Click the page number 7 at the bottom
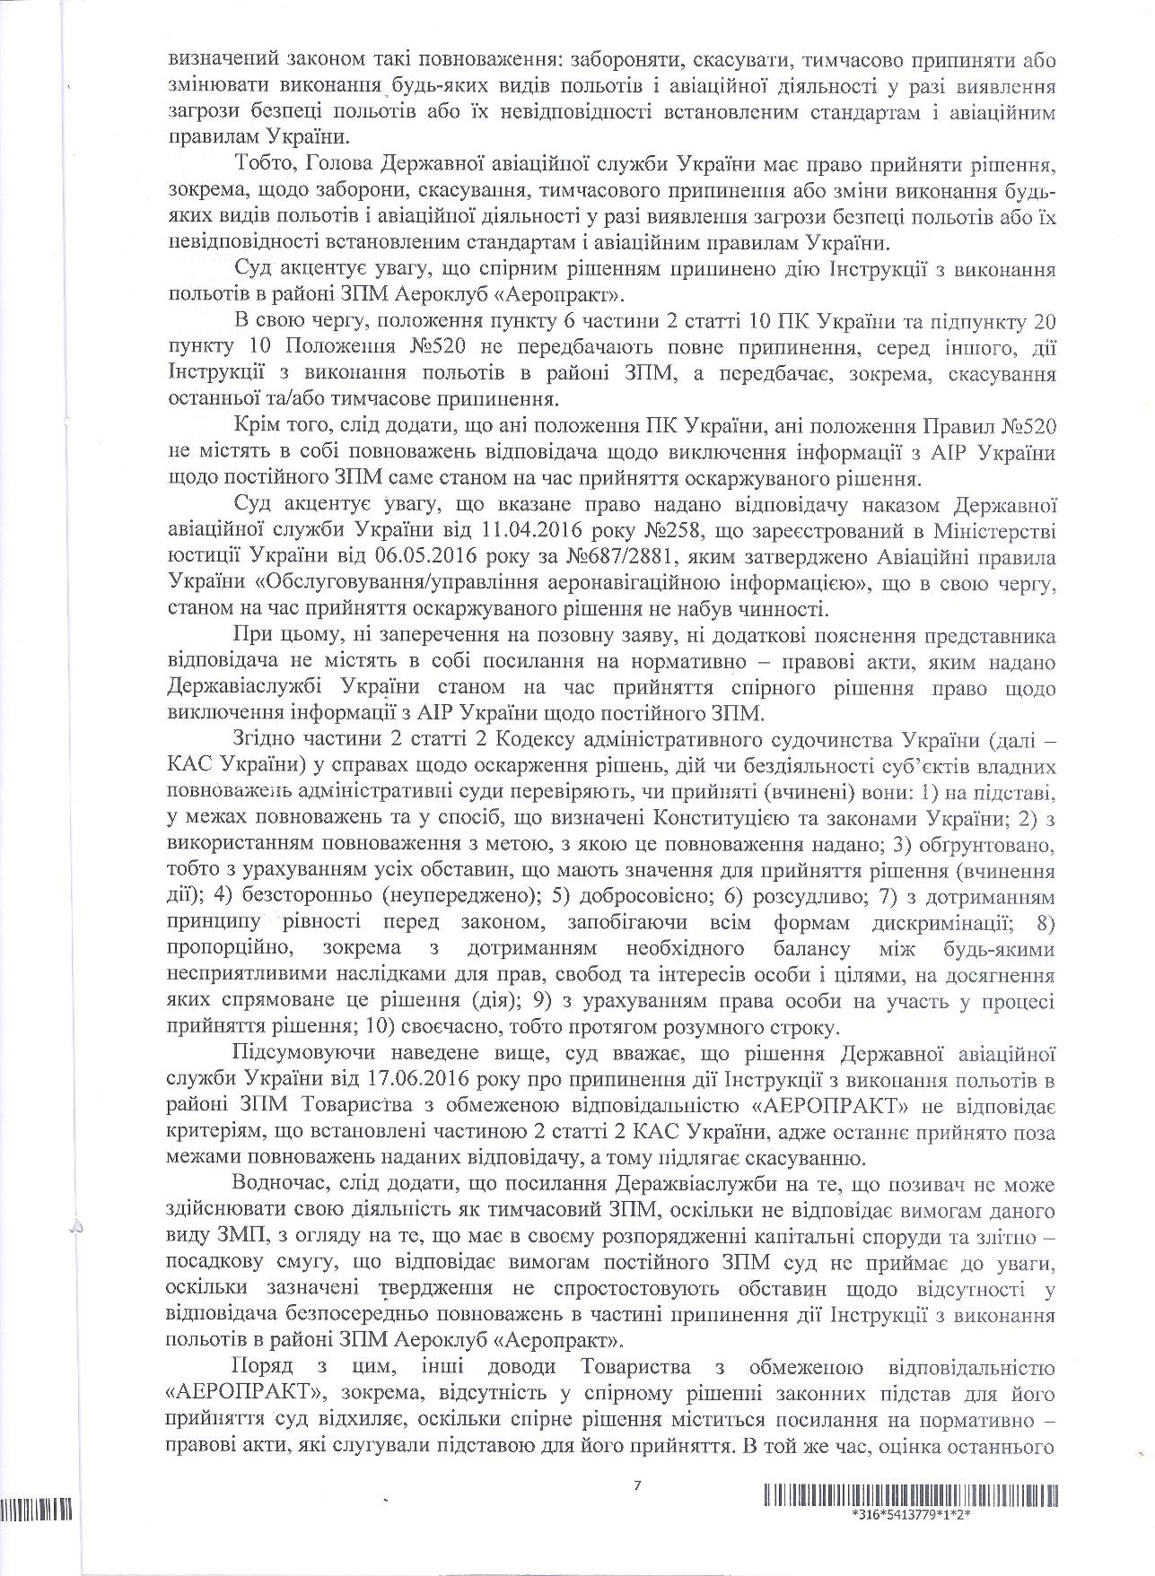click(x=637, y=1485)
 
